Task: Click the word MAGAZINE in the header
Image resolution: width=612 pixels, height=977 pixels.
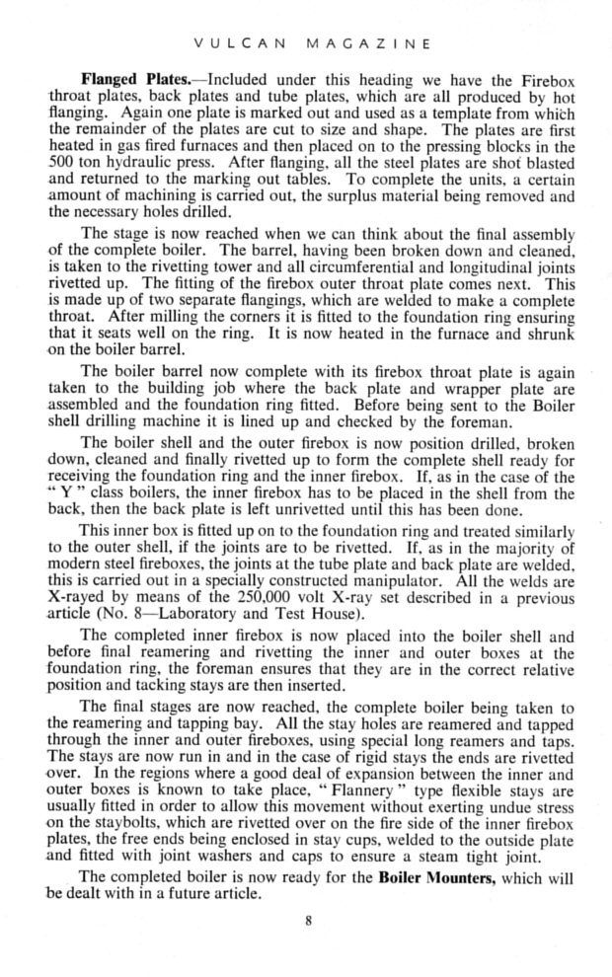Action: click(x=370, y=42)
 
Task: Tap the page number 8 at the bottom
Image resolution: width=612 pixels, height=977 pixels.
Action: click(x=307, y=922)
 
